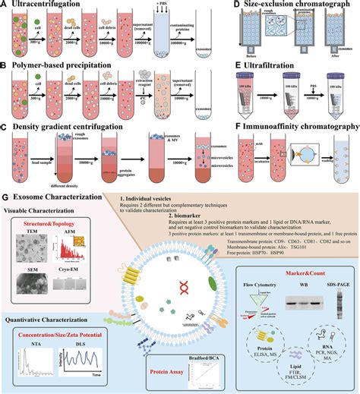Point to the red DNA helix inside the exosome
pyautogui.click(x=182, y=285)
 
